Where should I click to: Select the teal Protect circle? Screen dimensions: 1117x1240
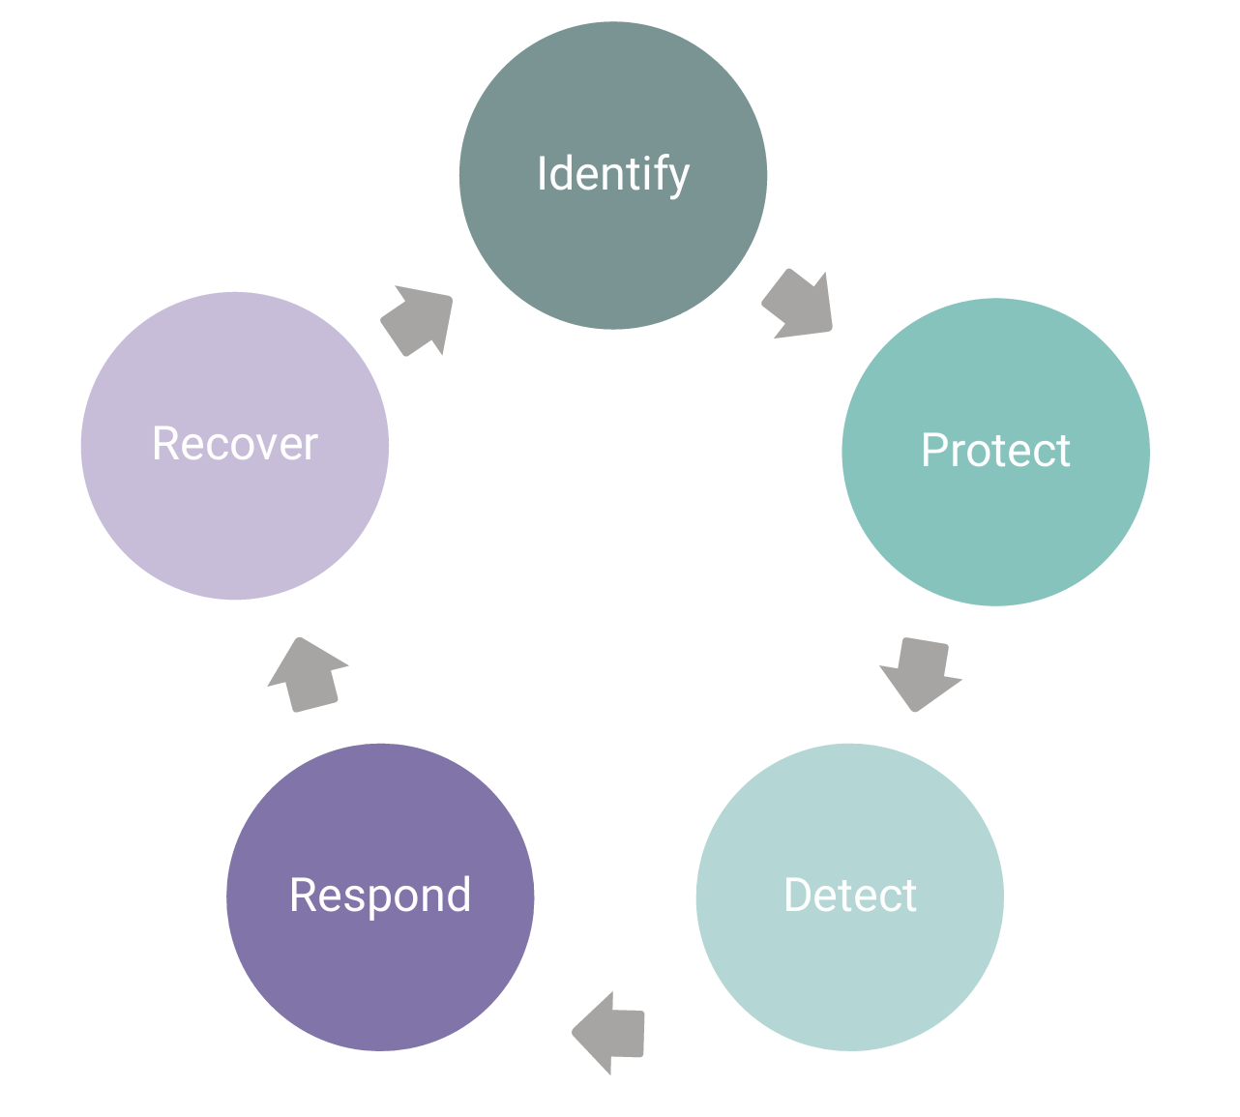(995, 522)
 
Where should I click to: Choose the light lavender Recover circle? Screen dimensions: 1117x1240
(235, 522)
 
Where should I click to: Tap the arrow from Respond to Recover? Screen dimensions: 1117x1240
(307, 675)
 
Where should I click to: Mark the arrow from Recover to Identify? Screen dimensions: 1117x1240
(419, 320)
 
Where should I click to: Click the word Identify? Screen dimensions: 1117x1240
(612, 175)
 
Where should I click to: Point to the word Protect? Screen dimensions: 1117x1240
(995, 451)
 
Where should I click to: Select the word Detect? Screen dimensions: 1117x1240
(849, 896)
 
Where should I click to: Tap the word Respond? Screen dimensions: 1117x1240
(380, 896)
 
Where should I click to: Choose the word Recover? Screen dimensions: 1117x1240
(235, 444)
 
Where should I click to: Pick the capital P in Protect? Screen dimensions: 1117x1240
(934, 451)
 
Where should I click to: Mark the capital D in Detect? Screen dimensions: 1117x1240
(798, 896)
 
